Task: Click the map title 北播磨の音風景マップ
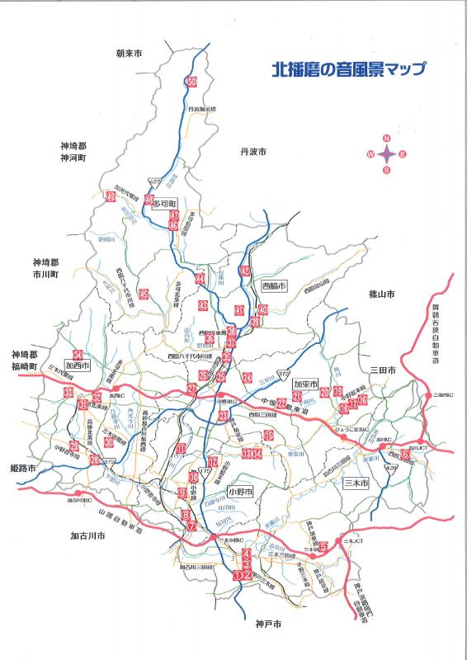pyautogui.click(x=348, y=70)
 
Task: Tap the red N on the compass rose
pyautogui.click(x=386, y=138)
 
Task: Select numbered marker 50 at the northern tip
pyautogui.click(x=191, y=82)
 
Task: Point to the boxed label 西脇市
pyautogui.click(x=273, y=286)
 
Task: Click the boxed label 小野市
pyautogui.click(x=239, y=491)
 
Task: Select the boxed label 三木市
pyautogui.click(x=357, y=481)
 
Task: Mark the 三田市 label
pyautogui.click(x=384, y=372)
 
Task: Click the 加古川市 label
pyautogui.click(x=88, y=535)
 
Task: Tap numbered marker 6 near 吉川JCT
pyautogui.click(x=405, y=453)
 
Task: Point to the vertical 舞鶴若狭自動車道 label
pyautogui.click(x=436, y=335)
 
